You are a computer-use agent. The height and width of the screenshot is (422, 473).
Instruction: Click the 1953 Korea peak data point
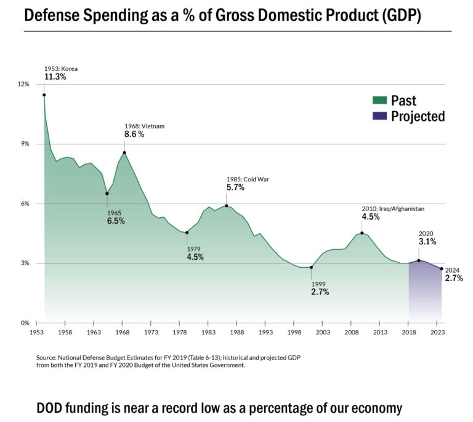point(44,95)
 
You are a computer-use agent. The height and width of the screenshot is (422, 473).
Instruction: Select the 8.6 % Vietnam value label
point(134,134)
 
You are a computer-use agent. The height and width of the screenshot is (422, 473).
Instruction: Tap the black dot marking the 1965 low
point(107,194)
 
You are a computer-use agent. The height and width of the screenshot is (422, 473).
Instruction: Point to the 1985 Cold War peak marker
point(227,206)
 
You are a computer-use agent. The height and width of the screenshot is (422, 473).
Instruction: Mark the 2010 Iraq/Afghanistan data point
point(362,233)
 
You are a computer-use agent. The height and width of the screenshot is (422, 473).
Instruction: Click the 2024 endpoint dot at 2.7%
point(442,268)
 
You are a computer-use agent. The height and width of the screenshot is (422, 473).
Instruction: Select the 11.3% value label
point(55,77)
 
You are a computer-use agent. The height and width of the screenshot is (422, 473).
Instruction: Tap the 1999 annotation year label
point(318,284)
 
